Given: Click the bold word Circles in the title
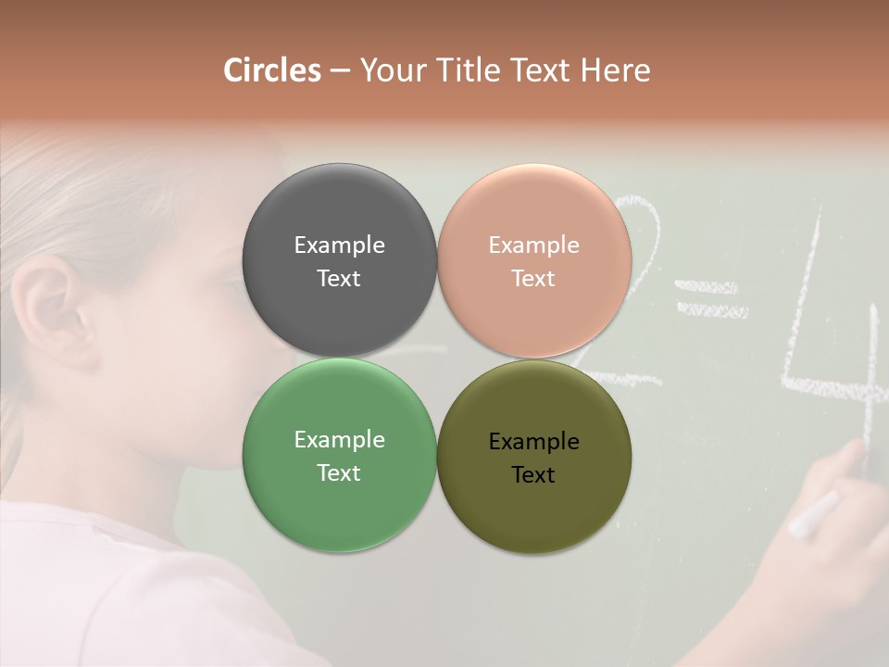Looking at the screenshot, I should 272,70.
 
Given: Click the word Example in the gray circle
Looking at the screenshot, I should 339,245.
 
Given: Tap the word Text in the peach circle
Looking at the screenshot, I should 533,279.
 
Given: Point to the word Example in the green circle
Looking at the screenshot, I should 339,440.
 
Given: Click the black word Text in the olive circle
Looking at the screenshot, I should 533,475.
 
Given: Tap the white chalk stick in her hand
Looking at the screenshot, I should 814,514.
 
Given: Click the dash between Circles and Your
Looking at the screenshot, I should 340,70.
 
